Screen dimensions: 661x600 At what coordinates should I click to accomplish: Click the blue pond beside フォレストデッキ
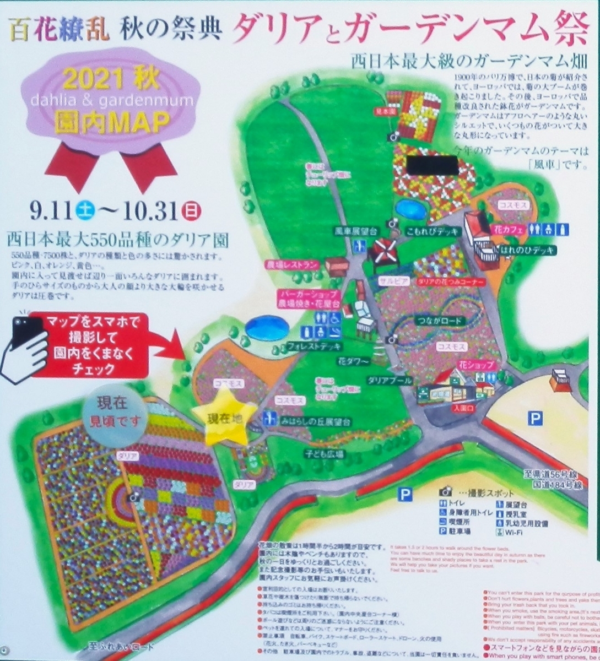(x=267, y=328)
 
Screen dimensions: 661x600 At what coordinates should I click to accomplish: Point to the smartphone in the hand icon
(x=25, y=335)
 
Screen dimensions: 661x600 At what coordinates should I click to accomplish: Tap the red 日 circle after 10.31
(x=191, y=209)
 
